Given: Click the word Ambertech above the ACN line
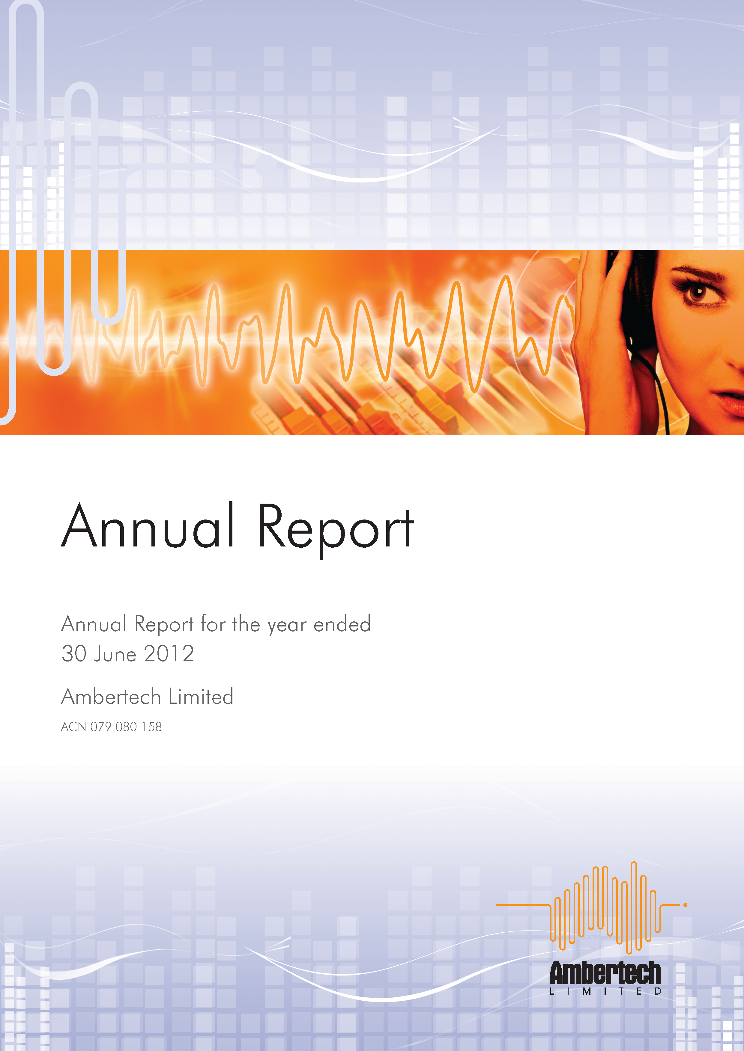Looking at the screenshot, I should (x=111, y=697).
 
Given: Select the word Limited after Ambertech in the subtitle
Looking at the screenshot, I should (x=201, y=697).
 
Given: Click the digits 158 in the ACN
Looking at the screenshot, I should (x=152, y=727).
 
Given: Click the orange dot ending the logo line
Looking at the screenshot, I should (x=685, y=905).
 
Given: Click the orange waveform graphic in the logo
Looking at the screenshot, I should (x=605, y=909).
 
